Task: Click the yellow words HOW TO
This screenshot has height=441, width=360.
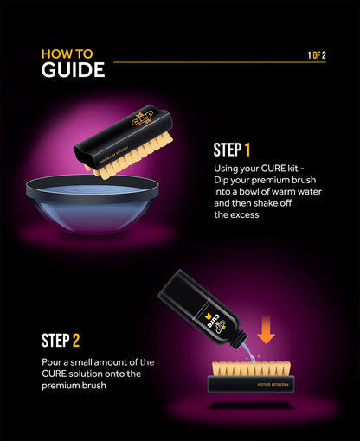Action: coord(67,54)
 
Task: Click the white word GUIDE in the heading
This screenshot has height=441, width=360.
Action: coord(73,70)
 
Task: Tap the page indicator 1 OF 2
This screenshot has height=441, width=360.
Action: coord(317,55)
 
